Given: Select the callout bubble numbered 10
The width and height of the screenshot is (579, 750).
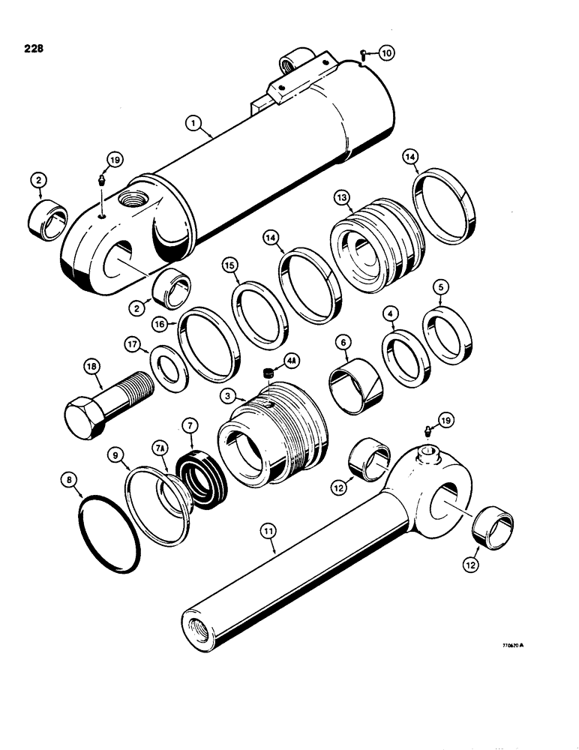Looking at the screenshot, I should [x=385, y=52].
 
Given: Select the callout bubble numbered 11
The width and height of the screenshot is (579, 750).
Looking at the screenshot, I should [x=268, y=532].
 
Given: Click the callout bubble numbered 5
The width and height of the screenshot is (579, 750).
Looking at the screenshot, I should [x=441, y=286].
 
